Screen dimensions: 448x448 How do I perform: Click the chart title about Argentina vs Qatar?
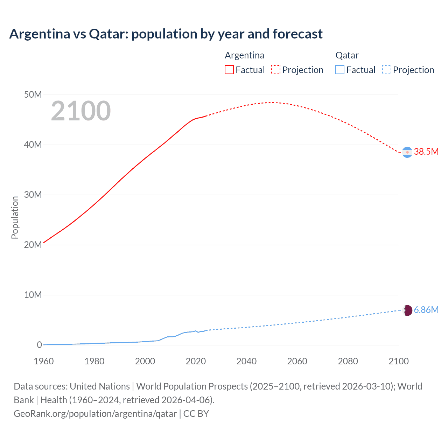coord(166,34)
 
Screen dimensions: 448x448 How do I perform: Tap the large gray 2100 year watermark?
coord(81,111)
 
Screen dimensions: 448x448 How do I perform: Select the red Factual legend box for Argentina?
coord(229,70)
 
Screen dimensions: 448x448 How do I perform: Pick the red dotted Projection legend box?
coord(276,70)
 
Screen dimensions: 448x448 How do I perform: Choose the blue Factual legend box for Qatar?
coord(340,70)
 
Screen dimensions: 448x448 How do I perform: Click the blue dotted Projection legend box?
coord(387,70)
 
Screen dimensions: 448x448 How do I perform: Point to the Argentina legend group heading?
coord(244,55)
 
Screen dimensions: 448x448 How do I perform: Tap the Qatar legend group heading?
coord(347,55)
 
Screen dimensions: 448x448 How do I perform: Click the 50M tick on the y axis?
coord(33,95)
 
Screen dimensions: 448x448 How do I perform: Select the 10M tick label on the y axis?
coord(33,295)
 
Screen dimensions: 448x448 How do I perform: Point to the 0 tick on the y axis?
coord(39,345)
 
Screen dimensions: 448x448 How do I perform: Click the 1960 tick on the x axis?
coord(44,361)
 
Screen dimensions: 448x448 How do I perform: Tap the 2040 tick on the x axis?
coord(246,361)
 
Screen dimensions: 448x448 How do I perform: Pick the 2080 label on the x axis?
coord(348,361)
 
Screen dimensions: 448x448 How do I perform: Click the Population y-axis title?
coord(15,217)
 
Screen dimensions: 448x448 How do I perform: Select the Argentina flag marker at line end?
coord(407,152)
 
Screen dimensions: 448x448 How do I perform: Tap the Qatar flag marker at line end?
coord(407,310)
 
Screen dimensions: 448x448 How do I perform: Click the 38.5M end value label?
coord(426,152)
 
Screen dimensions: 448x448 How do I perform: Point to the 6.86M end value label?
coord(426,310)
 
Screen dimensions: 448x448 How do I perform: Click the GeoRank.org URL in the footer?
coord(95,414)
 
